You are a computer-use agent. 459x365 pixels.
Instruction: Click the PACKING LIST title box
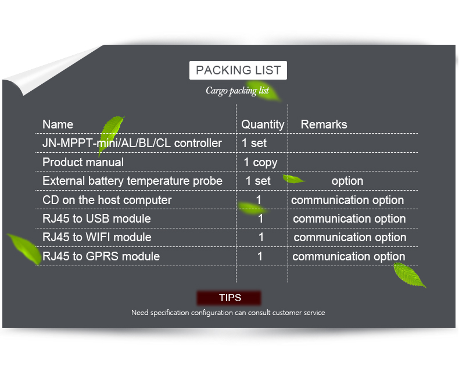pyautogui.click(x=238, y=70)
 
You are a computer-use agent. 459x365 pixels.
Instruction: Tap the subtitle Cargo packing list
pyautogui.click(x=237, y=91)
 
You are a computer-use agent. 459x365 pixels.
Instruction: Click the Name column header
pyautogui.click(x=58, y=124)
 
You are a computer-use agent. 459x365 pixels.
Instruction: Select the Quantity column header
pyautogui.click(x=263, y=125)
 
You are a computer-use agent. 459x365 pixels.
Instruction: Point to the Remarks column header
pyautogui.click(x=324, y=124)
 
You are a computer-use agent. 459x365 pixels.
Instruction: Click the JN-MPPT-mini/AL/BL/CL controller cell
pyautogui.click(x=132, y=143)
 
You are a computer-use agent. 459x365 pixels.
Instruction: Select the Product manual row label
pyautogui.click(x=83, y=162)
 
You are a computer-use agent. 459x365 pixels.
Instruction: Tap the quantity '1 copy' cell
pyautogui.click(x=260, y=163)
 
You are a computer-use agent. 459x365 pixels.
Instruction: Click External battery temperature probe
pyautogui.click(x=132, y=181)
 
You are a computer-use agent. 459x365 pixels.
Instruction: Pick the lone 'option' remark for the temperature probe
pyautogui.click(x=347, y=181)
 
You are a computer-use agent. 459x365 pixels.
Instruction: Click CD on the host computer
pyautogui.click(x=107, y=200)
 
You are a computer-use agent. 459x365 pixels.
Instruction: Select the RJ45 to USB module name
pyautogui.click(x=96, y=219)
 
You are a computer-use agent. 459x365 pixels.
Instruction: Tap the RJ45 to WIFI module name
pyautogui.click(x=97, y=237)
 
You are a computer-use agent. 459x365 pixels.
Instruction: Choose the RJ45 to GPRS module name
pyautogui.click(x=101, y=256)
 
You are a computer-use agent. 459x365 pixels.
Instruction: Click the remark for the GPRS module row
pyautogui.click(x=349, y=257)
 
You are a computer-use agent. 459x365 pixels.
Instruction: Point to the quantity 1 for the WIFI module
pyautogui.click(x=261, y=237)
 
